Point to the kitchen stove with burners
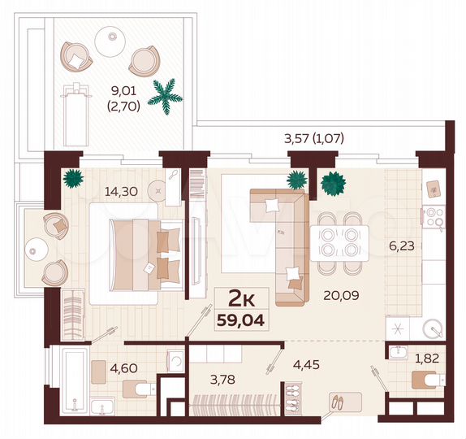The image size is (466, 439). click(x=431, y=216)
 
